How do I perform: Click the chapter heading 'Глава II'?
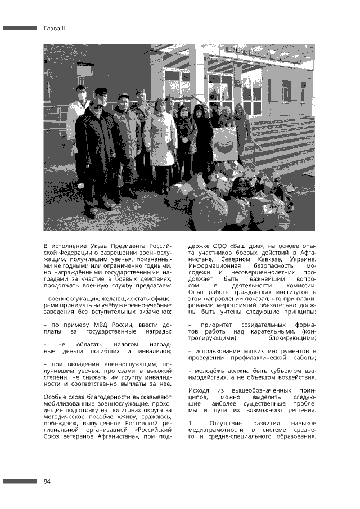(55, 28)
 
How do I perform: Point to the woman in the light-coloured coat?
(160, 141)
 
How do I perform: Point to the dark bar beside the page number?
(20, 481)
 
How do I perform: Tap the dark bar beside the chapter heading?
(20, 28)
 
